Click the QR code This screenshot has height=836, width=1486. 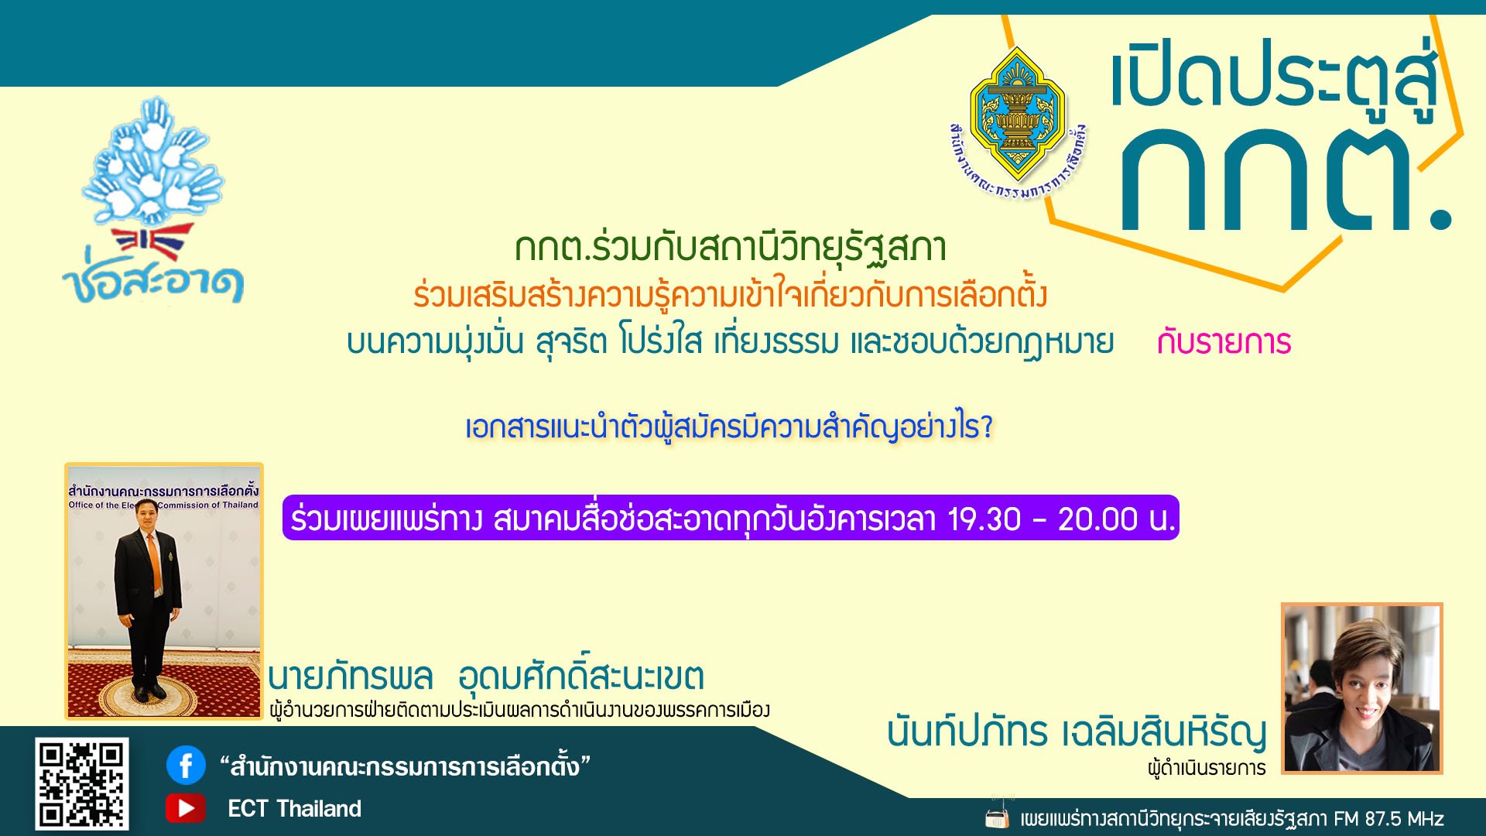(x=81, y=784)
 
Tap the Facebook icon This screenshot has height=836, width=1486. (x=186, y=766)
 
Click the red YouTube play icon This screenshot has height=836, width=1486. (x=186, y=808)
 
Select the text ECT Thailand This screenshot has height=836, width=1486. (x=294, y=809)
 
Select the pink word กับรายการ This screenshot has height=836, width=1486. (x=1224, y=342)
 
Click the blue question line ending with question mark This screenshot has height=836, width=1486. (x=729, y=427)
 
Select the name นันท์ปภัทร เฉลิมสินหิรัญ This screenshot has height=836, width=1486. (x=1077, y=731)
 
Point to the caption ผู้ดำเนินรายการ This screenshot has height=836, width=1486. (x=1207, y=769)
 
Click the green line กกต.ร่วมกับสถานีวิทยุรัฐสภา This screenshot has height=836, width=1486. (x=731, y=247)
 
